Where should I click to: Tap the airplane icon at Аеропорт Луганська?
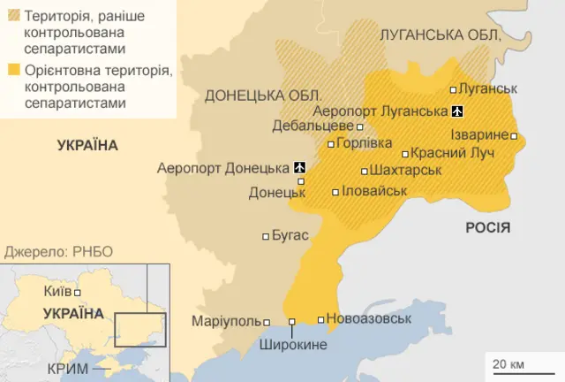(456, 111)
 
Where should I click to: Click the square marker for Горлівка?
(331, 144)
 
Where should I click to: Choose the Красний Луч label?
(451, 153)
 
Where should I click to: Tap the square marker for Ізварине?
(514, 136)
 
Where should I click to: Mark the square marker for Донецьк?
(301, 181)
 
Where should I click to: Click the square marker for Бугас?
(267, 236)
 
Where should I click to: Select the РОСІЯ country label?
(487, 227)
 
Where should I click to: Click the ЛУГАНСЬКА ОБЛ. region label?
(439, 35)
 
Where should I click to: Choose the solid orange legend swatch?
(13, 70)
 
